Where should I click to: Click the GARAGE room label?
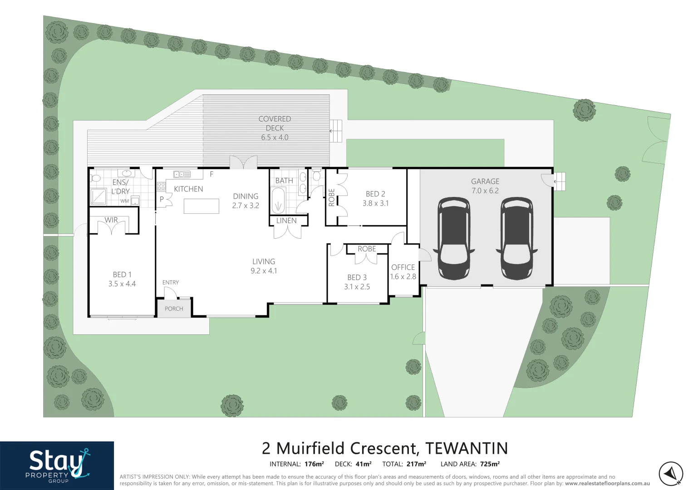click(485, 181)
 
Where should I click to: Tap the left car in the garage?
click(454, 238)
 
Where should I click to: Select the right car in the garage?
click(516, 238)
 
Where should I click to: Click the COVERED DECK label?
click(275, 123)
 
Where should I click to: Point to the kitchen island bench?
click(201, 206)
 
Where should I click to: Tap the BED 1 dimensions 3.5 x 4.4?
click(122, 284)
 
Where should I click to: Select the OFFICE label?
click(403, 267)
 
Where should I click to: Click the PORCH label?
click(174, 309)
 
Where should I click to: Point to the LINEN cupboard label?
click(286, 220)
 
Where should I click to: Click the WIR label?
click(111, 220)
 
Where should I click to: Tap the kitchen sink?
click(182, 174)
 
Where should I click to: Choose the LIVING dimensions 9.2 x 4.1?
click(264, 271)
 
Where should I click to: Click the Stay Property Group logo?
click(57, 465)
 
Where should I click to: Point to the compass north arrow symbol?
click(670, 474)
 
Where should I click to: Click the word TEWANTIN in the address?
click(467, 448)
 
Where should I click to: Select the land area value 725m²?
click(490, 464)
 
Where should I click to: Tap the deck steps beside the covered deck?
click(335, 131)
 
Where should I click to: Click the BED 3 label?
click(357, 277)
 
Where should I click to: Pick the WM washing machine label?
click(124, 201)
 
